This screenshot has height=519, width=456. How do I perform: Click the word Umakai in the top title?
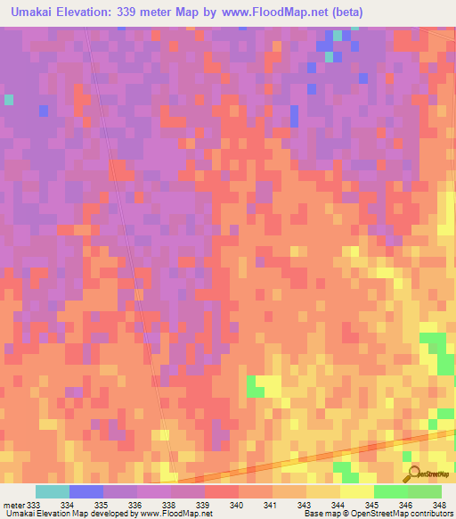coord(31,12)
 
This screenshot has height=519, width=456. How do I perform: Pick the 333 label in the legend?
coord(33,505)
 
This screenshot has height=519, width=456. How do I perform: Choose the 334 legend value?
coord(67,505)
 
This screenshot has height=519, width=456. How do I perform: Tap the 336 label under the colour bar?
coord(134,505)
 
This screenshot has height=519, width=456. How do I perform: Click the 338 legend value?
coord(168,505)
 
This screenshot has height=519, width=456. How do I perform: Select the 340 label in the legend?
coord(236,505)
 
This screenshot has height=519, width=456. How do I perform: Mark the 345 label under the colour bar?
coord(371,505)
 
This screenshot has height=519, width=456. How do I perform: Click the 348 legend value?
coord(439,505)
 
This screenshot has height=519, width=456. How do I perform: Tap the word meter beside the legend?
coord(12,505)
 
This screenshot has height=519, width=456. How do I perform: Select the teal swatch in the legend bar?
coord(53,491)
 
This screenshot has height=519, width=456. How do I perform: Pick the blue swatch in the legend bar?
coord(86,491)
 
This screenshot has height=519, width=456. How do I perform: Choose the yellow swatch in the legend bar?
coord(357,491)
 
